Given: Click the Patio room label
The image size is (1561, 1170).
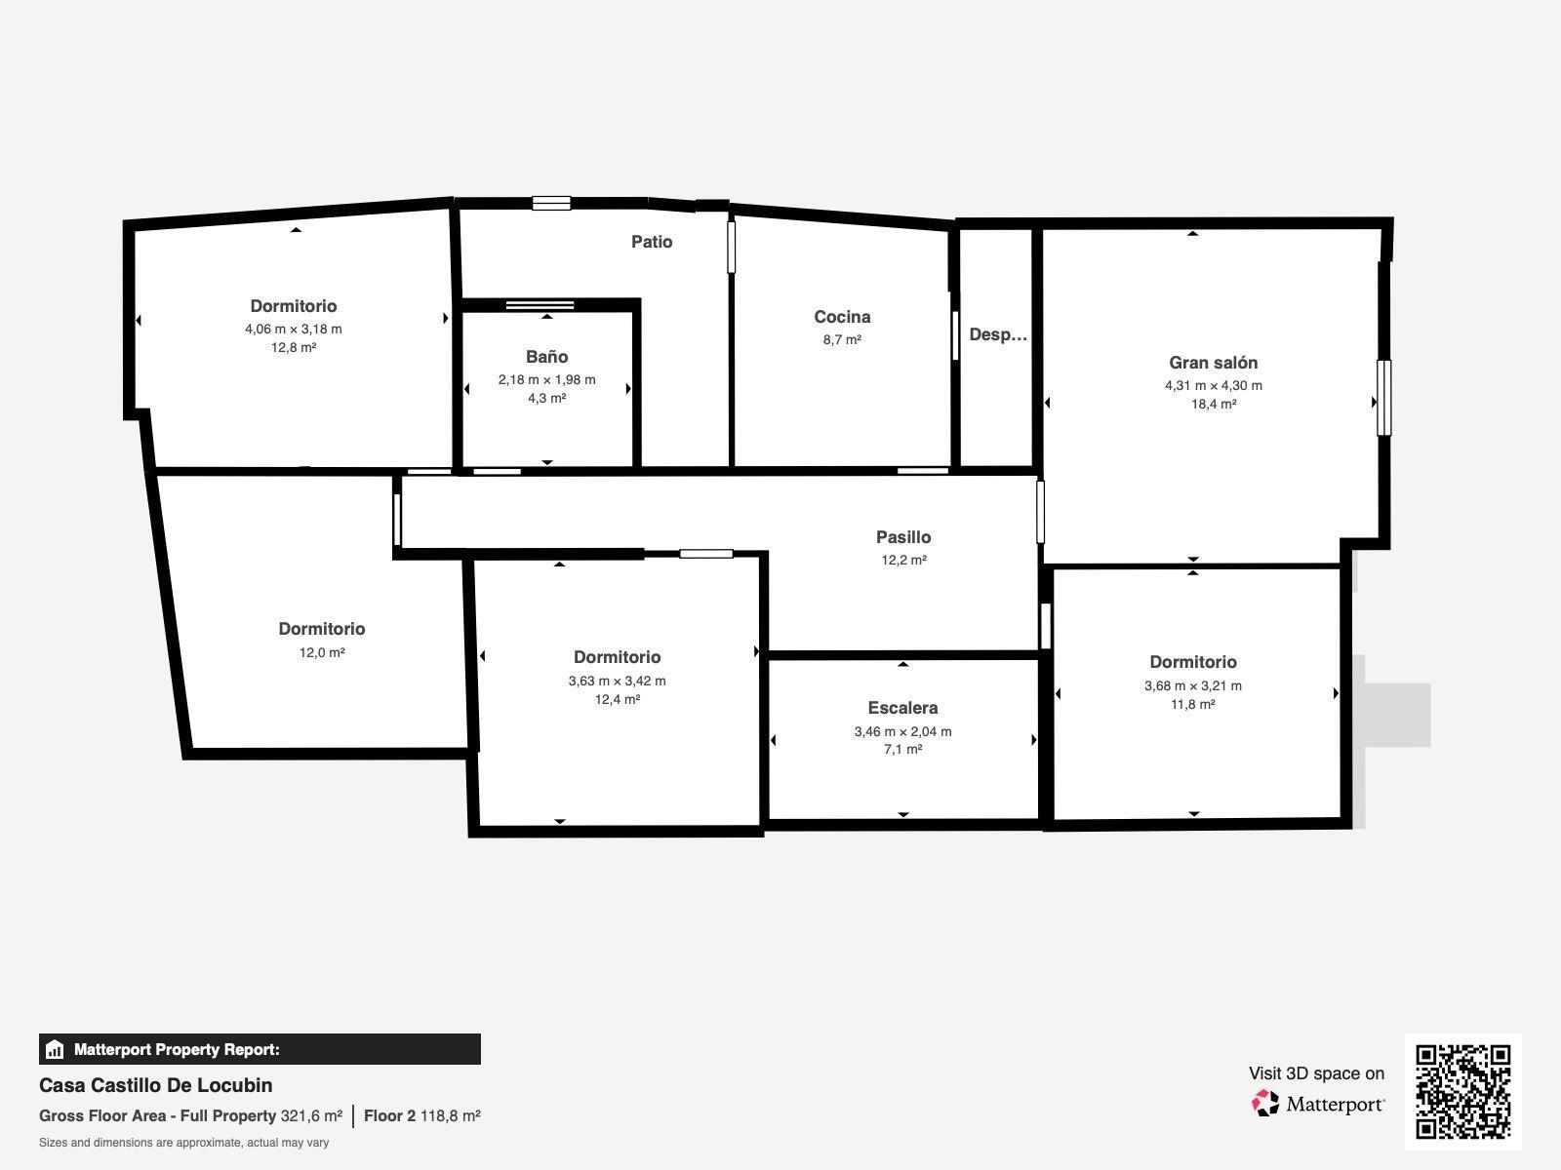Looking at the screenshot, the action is (x=652, y=242).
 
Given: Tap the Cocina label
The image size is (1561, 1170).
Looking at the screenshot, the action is (x=842, y=317).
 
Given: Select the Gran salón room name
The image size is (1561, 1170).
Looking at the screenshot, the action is (x=1214, y=363).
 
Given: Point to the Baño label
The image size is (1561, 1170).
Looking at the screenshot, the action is (x=547, y=357).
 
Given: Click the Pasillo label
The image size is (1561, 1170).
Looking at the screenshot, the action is (x=903, y=537).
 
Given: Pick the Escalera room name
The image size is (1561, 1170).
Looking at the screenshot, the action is (x=902, y=708).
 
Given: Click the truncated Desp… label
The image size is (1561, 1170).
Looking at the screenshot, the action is (x=998, y=334).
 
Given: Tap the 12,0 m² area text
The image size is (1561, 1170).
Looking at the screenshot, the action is (x=322, y=652).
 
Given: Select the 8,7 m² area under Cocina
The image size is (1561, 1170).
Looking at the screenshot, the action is (x=842, y=339).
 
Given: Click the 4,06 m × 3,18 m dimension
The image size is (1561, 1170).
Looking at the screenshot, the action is (x=294, y=329).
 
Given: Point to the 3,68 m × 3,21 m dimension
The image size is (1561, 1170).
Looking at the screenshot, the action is (x=1192, y=685).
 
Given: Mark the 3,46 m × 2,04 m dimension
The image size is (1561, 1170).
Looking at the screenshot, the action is (x=902, y=731).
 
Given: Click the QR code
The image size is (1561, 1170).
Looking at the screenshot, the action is (x=1462, y=1092).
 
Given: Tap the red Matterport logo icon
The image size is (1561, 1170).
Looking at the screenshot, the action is (x=1264, y=1104).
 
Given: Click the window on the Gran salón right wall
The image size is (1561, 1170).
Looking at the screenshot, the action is (x=1383, y=398).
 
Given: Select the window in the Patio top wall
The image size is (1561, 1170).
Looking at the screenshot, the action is (x=551, y=203).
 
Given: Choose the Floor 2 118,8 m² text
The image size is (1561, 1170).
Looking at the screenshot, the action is (x=421, y=1115).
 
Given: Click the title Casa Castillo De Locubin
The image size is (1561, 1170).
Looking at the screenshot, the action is (x=156, y=1085).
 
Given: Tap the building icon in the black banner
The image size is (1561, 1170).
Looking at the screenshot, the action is (x=55, y=1049).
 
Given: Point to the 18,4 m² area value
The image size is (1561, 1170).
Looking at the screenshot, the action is (x=1214, y=405).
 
